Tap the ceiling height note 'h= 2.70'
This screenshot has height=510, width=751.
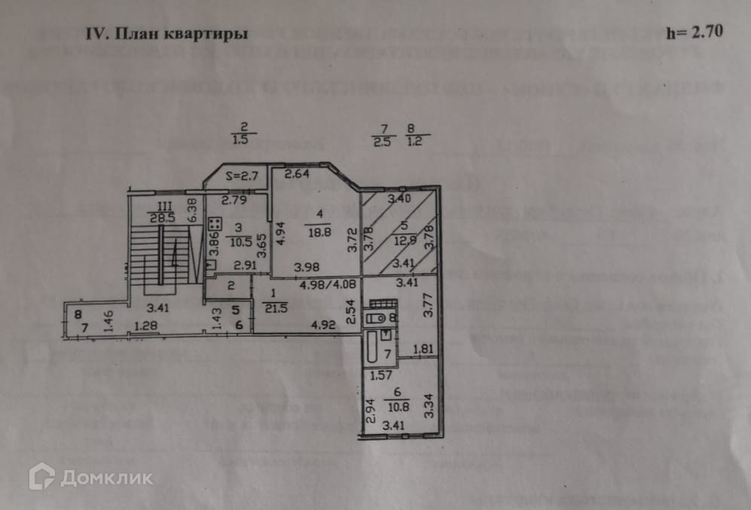pos(694,33)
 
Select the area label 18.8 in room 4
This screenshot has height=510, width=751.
pos(317,233)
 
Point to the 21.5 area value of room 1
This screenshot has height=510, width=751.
pos(272,307)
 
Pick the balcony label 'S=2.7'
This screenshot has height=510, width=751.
pos(241,178)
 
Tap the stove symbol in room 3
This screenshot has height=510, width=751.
pos(213,224)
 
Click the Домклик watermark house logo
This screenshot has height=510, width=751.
pos(42,476)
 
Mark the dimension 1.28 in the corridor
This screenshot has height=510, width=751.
pos(147,325)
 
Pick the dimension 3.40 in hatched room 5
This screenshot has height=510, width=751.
pos(399,199)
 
